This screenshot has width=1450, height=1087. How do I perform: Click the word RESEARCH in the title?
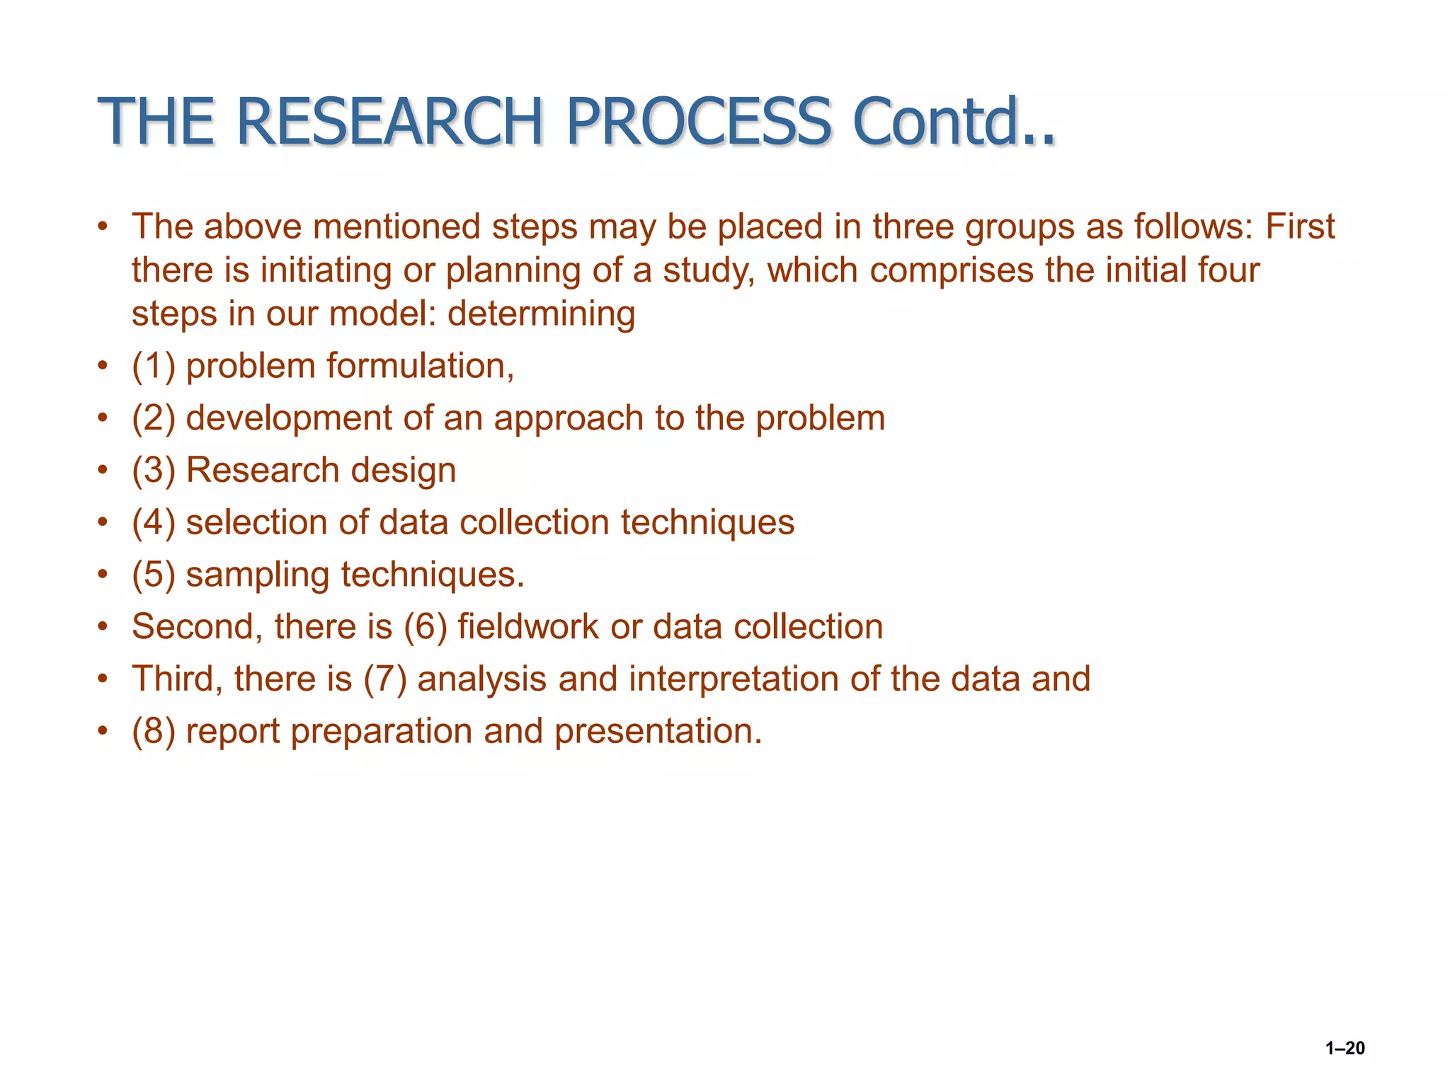tap(389, 122)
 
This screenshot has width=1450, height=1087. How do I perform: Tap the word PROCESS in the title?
tap(698, 122)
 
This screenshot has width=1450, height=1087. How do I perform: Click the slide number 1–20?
tap(1345, 1048)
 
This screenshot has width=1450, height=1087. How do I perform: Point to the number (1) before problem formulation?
tap(154, 367)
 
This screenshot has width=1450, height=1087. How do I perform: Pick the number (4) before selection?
tap(154, 523)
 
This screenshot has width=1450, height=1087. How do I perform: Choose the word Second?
tap(197, 627)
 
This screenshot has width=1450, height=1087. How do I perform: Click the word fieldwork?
tap(528, 627)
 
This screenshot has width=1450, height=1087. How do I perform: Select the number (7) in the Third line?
tap(385, 679)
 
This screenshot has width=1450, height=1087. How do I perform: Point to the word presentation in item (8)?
tap(658, 732)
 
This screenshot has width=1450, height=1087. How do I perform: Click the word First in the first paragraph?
tap(1299, 227)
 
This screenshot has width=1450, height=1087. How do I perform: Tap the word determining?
tap(541, 314)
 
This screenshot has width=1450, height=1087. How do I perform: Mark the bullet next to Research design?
tap(103, 471)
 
